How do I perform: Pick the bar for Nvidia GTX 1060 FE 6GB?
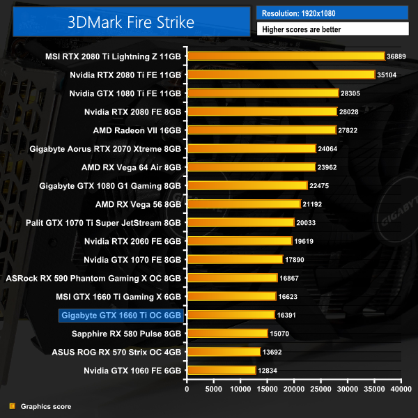tap(222, 370)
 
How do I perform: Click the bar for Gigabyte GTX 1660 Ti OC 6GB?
tap(231, 315)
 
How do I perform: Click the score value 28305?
tap(351, 93)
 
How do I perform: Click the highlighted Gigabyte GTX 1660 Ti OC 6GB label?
tap(122, 315)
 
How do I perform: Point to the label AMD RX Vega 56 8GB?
tap(139, 204)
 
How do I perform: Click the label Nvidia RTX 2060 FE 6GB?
tap(132, 241)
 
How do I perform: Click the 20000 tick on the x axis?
tap(294, 389)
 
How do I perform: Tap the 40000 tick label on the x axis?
tap(401, 389)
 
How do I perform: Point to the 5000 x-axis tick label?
tap(214, 389)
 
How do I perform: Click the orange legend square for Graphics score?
tap(12, 406)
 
